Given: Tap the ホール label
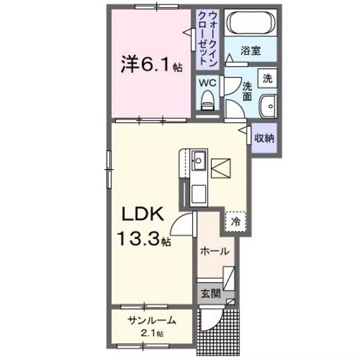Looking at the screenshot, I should click(x=214, y=251).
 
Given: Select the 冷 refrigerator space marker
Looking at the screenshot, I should click(x=235, y=222).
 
